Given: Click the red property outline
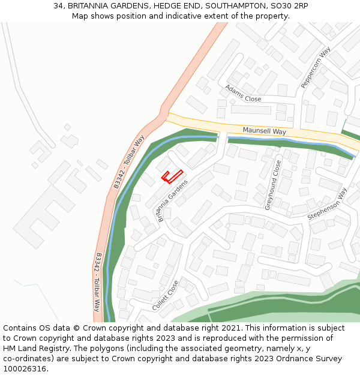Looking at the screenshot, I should pyautogui.click(x=172, y=176).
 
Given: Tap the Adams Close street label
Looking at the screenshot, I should pyautogui.click(x=243, y=94).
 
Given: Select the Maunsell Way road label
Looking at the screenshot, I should pyautogui.click(x=264, y=131).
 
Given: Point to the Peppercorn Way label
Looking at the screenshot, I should pyautogui.click(x=316, y=68).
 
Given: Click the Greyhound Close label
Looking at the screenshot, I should pyautogui.click(x=273, y=185).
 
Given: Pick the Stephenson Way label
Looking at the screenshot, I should pyautogui.click(x=328, y=203).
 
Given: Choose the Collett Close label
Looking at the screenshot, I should pyautogui.click(x=165, y=296).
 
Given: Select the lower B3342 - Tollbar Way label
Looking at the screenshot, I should pyautogui.click(x=97, y=282).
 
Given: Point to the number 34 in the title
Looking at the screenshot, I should pyautogui.click(x=58, y=5).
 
